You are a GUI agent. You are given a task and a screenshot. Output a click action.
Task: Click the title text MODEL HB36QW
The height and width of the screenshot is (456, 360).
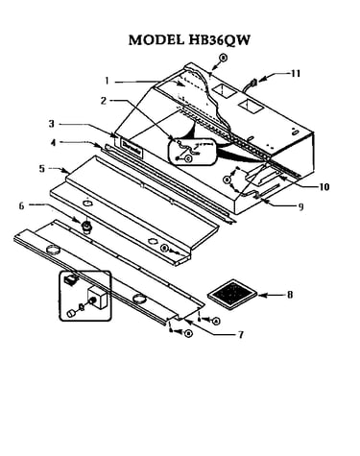click(x=189, y=40)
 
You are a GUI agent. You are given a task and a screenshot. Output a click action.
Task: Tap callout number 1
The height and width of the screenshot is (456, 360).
click(x=108, y=82)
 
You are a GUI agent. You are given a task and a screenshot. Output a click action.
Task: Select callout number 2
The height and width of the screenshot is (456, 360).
click(x=104, y=101)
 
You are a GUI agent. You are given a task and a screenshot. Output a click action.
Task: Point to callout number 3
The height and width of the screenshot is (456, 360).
click(x=52, y=124)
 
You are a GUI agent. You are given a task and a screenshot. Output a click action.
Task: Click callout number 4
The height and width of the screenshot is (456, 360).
click(x=53, y=143)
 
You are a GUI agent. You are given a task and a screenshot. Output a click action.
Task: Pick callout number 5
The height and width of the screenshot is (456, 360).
click(x=42, y=169)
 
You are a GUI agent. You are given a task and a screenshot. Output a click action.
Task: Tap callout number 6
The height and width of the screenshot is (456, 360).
click(x=21, y=205)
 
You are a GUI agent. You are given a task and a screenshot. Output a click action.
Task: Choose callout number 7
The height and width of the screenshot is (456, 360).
click(x=240, y=335)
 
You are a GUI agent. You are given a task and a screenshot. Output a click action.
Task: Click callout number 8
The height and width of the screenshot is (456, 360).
click(x=290, y=294)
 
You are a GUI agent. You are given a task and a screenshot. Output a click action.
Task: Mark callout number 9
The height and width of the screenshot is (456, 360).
click(x=300, y=206)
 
